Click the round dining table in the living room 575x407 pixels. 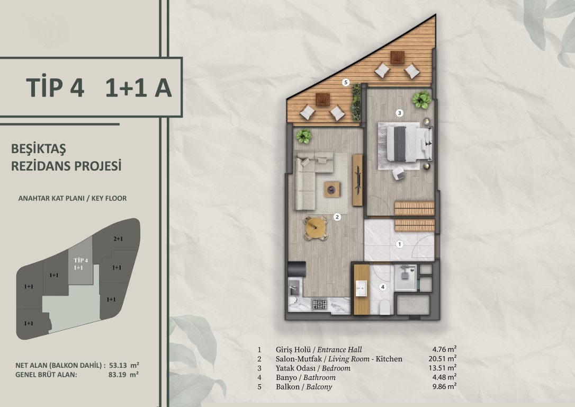316,228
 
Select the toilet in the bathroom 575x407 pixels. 385,308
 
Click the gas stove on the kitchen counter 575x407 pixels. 319,304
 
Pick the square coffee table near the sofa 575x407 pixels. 332,190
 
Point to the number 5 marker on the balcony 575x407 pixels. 345,83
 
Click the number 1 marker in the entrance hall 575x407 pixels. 400,244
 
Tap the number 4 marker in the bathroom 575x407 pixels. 383,287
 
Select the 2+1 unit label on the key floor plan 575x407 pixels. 118,239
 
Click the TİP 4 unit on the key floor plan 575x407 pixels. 80,263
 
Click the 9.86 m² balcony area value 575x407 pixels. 444,386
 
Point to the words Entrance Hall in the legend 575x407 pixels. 339,350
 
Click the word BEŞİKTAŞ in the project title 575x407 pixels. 39,149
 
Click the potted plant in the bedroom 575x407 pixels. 421,100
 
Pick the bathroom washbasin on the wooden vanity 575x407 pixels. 361,288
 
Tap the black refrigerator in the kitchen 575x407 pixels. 297,269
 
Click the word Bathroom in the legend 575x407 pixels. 319,378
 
